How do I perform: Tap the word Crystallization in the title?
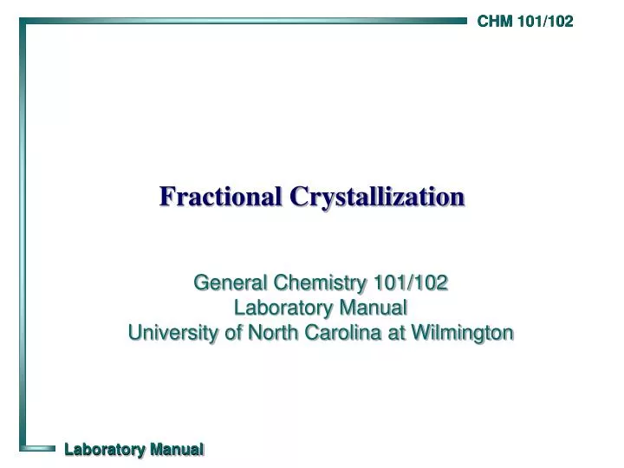point(377,197)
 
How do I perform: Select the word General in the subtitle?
point(230,282)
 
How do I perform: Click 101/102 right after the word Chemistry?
point(409,282)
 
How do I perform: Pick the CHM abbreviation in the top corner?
point(495,22)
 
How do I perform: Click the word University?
point(173,332)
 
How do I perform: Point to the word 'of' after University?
point(231,332)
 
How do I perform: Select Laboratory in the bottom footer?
point(105,449)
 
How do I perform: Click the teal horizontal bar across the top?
point(243,20)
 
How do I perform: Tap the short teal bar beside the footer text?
point(39,448)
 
